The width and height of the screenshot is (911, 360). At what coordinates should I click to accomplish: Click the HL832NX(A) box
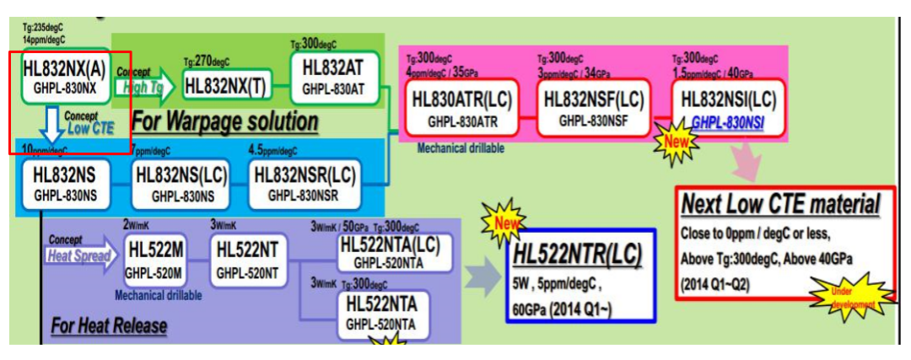(x=65, y=77)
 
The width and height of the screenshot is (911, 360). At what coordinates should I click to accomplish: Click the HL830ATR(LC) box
(x=461, y=108)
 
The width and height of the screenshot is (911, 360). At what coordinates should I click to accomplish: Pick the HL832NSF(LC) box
(x=594, y=107)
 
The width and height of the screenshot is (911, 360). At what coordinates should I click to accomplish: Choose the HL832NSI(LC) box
(x=729, y=107)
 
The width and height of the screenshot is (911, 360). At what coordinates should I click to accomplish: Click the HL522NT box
(x=246, y=259)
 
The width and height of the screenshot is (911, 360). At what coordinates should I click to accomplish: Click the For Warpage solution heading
(x=224, y=121)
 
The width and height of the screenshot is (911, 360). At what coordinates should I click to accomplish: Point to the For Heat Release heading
(x=109, y=325)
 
